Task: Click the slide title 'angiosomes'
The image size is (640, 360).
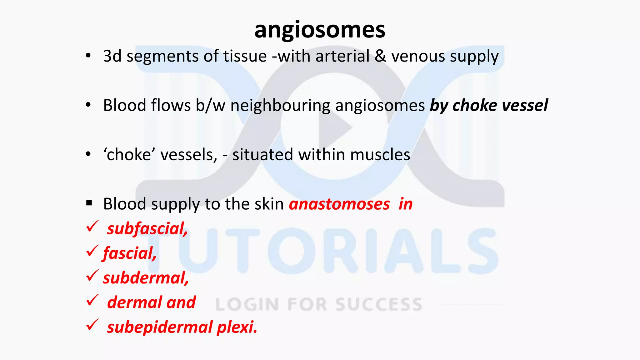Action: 320,30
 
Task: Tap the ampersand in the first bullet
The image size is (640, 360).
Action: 380,56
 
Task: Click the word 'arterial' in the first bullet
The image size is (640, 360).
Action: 342,56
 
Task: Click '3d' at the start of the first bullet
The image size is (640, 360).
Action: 112,56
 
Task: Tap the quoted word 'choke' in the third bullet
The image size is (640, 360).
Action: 129,155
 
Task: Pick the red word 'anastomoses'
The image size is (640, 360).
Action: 339,204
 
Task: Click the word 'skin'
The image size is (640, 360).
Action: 269,204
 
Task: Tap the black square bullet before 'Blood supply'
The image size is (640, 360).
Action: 89,203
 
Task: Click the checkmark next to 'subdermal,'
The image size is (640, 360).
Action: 92,276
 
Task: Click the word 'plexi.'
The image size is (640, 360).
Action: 237,327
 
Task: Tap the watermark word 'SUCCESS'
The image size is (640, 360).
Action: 379,304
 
